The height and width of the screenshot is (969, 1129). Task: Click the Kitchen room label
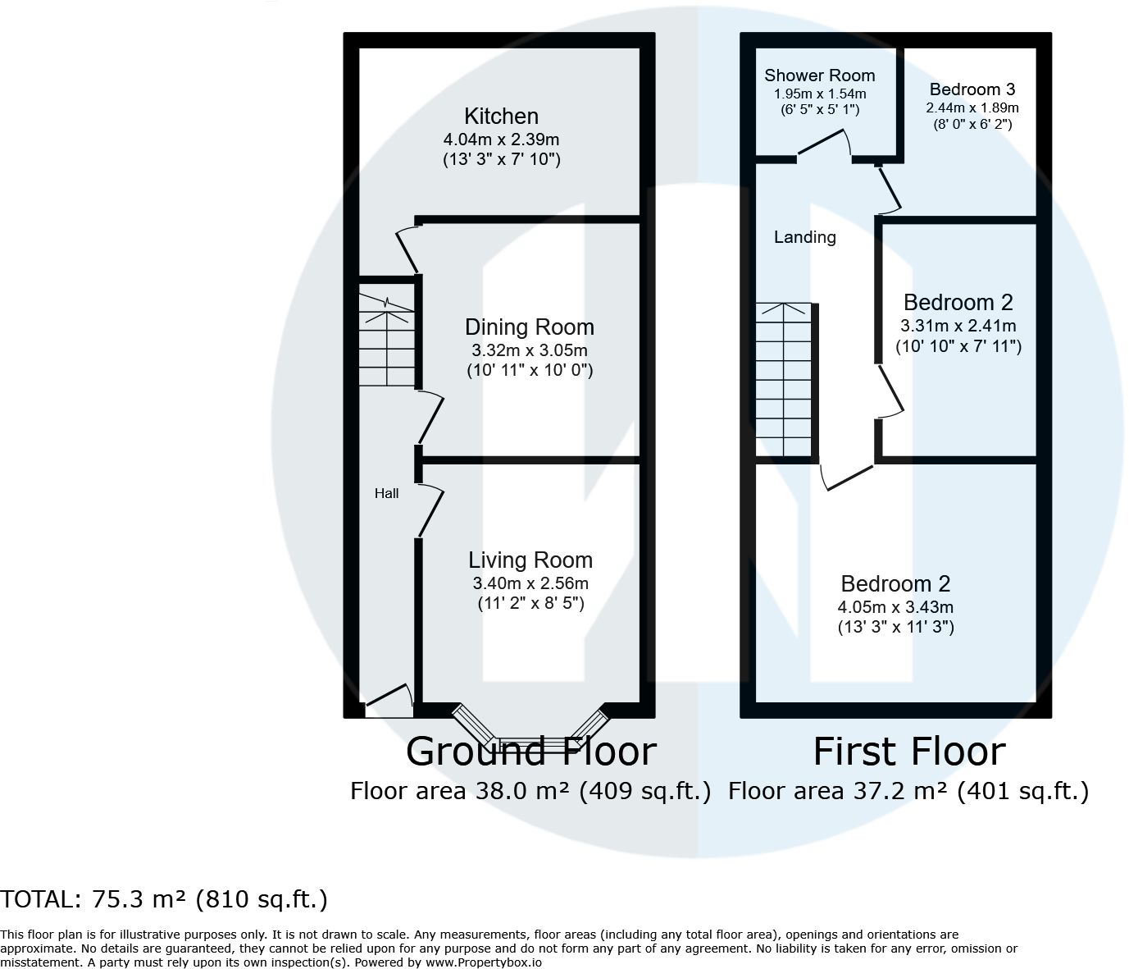tap(501, 117)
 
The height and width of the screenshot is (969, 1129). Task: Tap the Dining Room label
tap(529, 327)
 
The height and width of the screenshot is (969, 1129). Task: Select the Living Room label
tap(530, 560)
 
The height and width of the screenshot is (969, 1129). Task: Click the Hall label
tap(386, 493)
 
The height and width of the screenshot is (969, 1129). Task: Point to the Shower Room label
tap(819, 75)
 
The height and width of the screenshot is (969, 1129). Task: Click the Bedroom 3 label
tap(972, 89)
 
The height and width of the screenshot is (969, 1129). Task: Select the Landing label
tap(804, 237)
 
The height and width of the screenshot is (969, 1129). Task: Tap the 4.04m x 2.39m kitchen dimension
tap(501, 139)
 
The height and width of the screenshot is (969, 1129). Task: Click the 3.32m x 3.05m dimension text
tap(529, 350)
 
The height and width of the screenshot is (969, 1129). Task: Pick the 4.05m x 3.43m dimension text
tap(895, 607)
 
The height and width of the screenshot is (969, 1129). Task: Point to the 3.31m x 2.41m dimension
tap(958, 326)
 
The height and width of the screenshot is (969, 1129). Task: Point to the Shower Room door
tap(825, 143)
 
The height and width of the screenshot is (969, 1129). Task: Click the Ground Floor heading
tap(530, 752)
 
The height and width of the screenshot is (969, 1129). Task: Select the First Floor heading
tap(908, 752)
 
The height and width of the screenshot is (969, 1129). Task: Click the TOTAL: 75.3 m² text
tap(164, 899)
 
